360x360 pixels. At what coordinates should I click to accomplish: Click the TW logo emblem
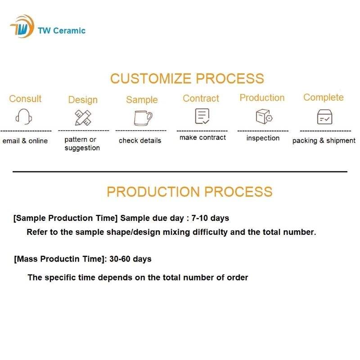coord(22,27)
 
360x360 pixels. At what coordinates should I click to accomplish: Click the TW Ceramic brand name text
coord(62,31)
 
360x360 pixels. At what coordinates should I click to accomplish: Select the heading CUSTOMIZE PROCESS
coord(187,78)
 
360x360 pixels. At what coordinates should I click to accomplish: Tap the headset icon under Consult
coord(24,117)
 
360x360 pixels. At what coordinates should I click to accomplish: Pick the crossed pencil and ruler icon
coord(83,117)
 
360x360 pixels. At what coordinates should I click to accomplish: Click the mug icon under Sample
coord(143,118)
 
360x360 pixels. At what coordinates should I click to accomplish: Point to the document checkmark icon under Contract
coord(202,116)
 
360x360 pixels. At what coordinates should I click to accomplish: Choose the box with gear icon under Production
coord(264,117)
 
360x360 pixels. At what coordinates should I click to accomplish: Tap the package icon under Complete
coord(324,117)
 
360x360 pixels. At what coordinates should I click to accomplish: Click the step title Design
coord(83,100)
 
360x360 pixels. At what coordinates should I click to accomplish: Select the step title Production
coord(262,98)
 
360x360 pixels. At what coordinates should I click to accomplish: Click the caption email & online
coord(25,141)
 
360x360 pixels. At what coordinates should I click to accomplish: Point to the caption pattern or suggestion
coord(82,144)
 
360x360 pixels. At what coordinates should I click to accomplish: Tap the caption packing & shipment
coord(324,140)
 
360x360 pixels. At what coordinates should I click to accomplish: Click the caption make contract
coord(202,138)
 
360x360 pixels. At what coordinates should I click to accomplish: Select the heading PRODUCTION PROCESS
coord(189,192)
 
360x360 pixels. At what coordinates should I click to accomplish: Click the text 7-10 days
coord(210,218)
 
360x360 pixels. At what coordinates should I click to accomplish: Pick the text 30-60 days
coord(130,259)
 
